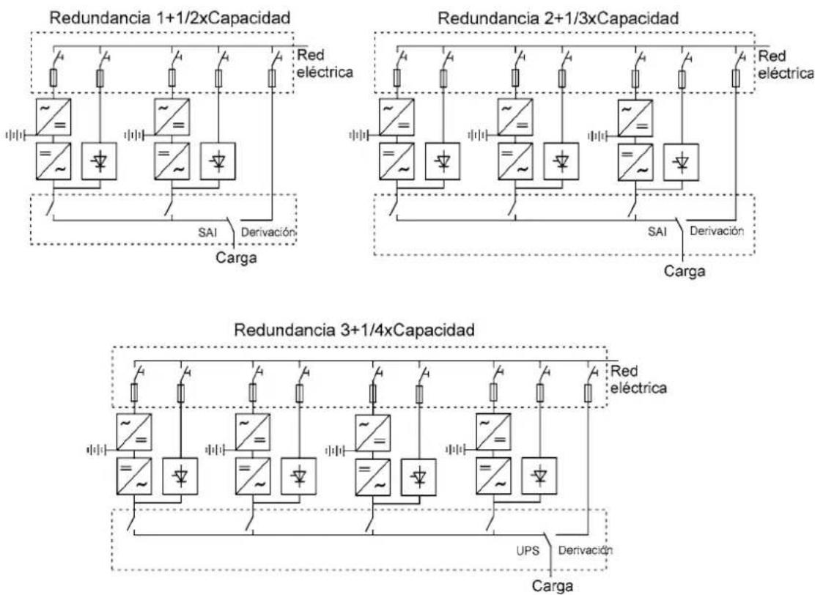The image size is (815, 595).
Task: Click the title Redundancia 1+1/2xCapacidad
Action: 169,18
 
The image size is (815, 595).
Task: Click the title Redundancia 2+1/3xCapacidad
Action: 558,18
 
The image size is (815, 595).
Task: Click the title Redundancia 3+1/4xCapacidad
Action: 355,330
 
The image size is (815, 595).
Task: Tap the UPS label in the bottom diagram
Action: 528,551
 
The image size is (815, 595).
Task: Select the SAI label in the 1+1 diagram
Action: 207,232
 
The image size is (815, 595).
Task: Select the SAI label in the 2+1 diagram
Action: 657,232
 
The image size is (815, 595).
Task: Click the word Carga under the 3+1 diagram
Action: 552,586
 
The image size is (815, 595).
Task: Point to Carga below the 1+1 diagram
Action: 236,257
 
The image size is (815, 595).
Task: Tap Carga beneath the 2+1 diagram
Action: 685,270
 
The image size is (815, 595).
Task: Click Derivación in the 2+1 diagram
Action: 717,232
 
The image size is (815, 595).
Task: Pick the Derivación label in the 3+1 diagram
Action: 586,550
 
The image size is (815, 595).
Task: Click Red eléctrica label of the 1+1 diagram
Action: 325,64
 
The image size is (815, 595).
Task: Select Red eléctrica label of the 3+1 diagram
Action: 638,380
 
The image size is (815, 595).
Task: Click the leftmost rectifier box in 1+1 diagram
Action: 54,117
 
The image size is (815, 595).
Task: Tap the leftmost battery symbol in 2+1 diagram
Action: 358,136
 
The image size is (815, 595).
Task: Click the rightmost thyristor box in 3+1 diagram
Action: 539,476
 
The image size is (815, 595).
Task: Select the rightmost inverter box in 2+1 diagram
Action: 635,162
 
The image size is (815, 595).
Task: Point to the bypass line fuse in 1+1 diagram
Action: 271,78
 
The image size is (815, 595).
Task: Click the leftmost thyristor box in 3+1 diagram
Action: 180,476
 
